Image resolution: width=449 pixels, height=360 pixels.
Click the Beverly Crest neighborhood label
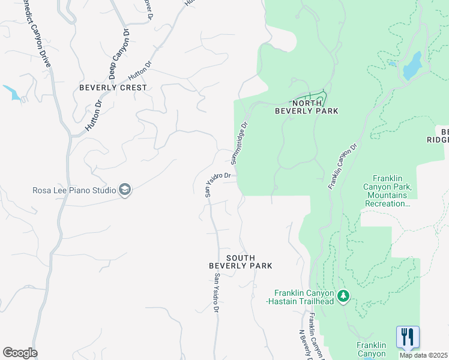click(113, 88)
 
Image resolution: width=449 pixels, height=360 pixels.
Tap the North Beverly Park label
click(306, 107)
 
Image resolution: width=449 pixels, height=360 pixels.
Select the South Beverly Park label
click(240, 262)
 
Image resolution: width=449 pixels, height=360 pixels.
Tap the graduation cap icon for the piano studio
click(125, 191)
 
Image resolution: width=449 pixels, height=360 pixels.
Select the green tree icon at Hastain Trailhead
click(343, 296)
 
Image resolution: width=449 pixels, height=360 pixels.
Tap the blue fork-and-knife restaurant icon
click(408, 337)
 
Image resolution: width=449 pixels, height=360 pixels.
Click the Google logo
click(20, 353)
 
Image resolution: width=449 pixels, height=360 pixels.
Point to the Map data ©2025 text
click(423, 355)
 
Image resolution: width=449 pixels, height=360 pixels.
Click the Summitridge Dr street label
click(239, 143)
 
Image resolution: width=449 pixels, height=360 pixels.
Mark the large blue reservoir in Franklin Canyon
click(412, 65)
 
